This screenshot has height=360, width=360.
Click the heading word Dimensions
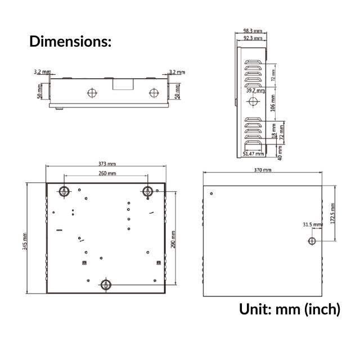70,41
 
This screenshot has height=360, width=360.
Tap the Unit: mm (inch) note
290,309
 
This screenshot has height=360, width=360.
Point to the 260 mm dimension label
107,174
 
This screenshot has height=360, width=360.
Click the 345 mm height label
25,238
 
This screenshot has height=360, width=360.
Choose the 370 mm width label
262,169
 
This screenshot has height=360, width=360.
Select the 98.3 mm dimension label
253,31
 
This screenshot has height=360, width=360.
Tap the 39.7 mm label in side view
255,90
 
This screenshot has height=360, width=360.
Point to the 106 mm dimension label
273,105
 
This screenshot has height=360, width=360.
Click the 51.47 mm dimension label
253,153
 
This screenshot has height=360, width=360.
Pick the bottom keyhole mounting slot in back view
105,285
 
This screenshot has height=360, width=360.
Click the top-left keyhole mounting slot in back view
64,191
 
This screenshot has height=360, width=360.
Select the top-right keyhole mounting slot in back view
148,191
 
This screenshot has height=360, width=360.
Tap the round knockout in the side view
253,101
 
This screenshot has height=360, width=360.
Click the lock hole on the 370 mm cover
312,241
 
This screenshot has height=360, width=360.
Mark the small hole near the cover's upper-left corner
211,194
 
